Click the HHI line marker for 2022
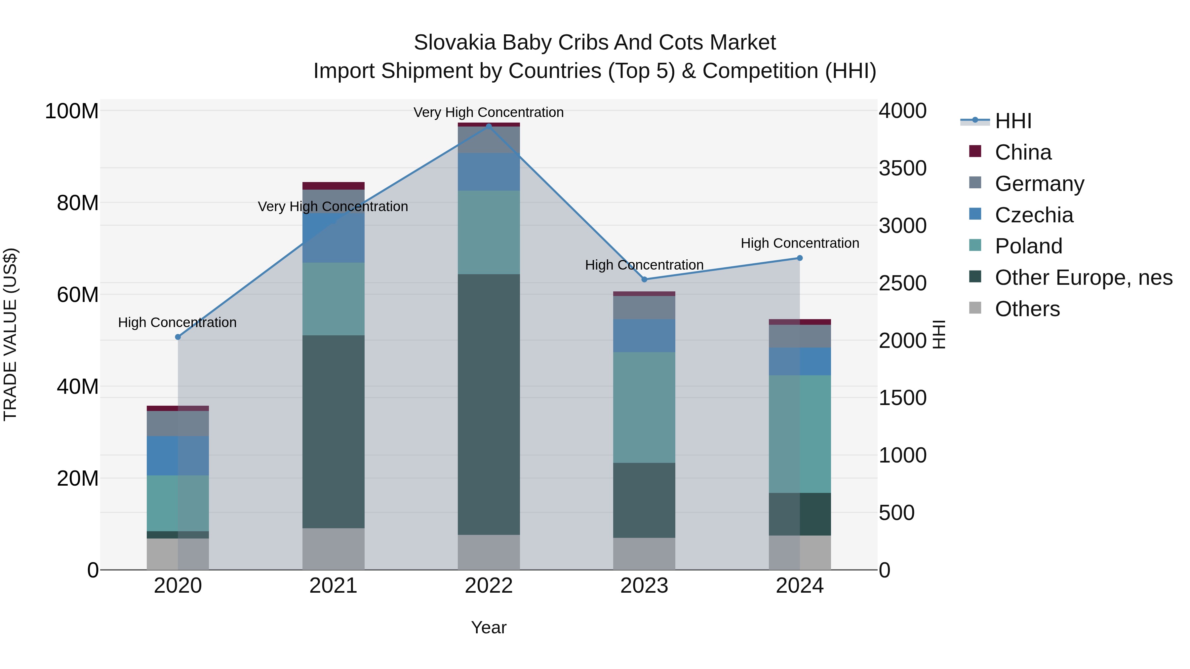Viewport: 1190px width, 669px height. click(x=489, y=126)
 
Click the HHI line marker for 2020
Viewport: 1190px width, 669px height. click(x=178, y=337)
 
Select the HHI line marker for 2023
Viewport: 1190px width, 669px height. click(x=645, y=279)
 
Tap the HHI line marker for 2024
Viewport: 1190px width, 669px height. click(x=800, y=258)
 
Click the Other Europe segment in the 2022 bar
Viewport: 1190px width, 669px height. click(x=489, y=404)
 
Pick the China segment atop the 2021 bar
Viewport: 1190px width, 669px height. click(x=333, y=186)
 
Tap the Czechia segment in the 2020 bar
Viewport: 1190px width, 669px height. click(x=178, y=455)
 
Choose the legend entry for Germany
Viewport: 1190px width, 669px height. click(x=1039, y=183)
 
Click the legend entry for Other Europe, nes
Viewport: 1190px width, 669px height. click(x=1083, y=278)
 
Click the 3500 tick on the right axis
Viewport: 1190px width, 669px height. click(x=902, y=168)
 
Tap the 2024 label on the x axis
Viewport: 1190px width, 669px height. click(x=800, y=586)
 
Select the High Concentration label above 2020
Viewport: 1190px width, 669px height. click(x=178, y=322)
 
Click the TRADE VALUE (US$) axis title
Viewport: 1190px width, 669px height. click(x=10, y=334)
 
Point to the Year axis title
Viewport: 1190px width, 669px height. click(x=489, y=627)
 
